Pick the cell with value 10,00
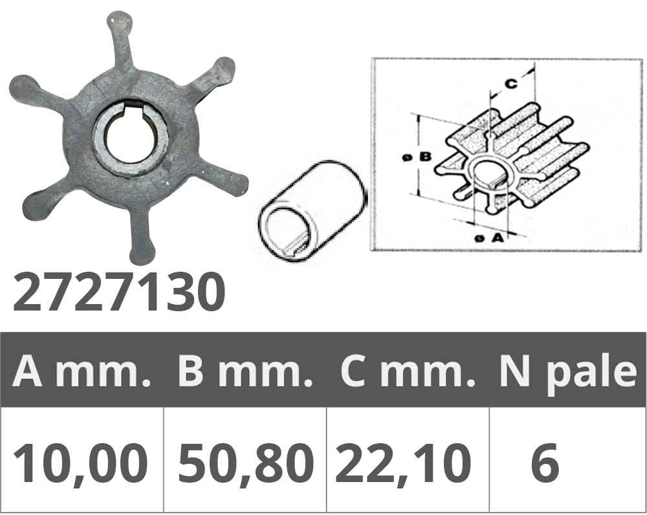click(81, 463)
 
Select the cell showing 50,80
click(245, 463)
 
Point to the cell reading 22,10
click(403, 463)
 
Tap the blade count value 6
click(545, 462)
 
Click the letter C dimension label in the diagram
click(511, 83)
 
